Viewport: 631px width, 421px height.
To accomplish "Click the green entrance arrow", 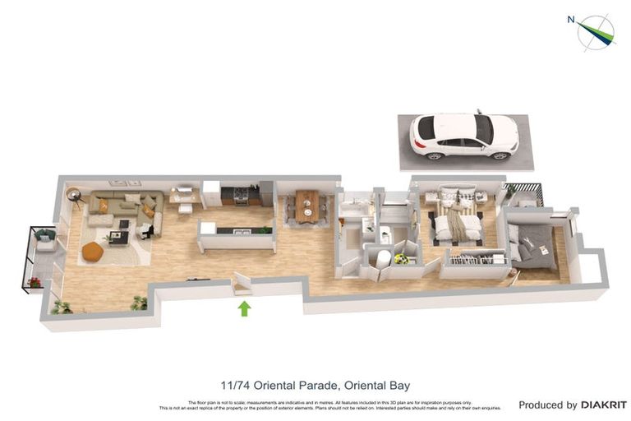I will point(244,308).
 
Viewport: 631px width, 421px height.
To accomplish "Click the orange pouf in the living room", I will point(93,252).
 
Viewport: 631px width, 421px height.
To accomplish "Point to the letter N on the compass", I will point(571,20).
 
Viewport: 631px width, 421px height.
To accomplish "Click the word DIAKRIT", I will point(604,405).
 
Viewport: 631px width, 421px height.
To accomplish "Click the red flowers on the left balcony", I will point(35,283).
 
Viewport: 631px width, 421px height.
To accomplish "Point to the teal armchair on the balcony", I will point(46,239).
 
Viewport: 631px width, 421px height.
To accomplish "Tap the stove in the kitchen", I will point(240,196).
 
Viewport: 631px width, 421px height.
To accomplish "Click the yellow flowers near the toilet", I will point(401,258).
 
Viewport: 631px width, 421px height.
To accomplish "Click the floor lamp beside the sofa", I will point(75,197).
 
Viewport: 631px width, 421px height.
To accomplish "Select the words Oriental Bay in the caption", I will point(375,385).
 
